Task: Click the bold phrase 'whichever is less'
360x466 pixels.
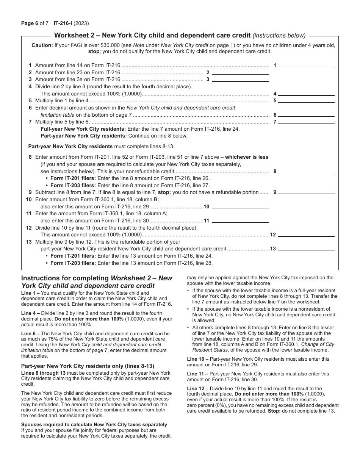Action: [x=247, y=157]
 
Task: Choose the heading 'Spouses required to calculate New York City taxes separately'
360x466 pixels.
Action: [x=94, y=424]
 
